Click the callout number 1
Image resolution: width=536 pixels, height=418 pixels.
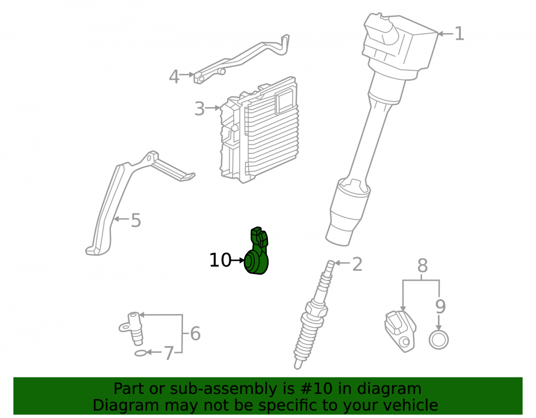[460, 34]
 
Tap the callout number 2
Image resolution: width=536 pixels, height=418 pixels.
[357, 264]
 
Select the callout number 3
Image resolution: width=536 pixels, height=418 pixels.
[199, 109]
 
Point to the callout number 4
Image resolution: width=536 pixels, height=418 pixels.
[174, 77]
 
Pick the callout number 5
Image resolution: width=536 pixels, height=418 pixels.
[136, 221]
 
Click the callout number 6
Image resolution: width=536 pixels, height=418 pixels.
[195, 333]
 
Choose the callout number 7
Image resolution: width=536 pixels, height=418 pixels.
[169, 353]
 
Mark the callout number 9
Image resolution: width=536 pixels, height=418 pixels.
[441, 307]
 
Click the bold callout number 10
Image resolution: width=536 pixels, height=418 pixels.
[220, 260]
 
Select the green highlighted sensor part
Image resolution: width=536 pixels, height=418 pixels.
[257, 251]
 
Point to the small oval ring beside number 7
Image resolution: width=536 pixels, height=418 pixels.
[140, 353]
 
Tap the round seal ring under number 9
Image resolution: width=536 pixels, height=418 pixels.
[439, 340]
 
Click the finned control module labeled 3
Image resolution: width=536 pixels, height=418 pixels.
[259, 130]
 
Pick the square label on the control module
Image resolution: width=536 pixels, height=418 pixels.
[285, 101]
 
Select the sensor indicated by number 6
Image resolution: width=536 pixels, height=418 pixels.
[132, 328]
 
